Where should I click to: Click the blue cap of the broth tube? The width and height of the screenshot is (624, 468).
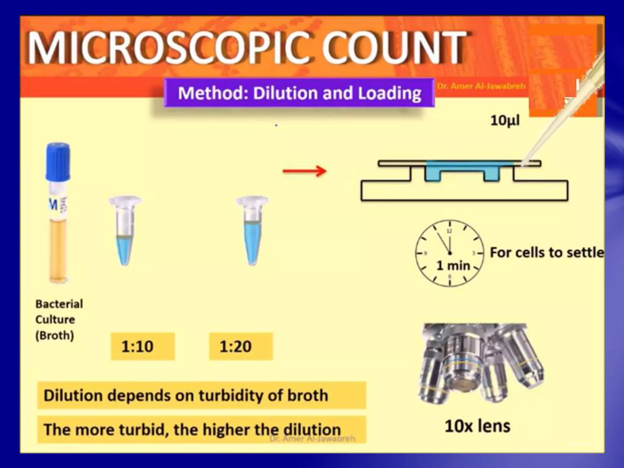[58, 161]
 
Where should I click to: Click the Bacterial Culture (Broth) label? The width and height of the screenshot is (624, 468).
[59, 319]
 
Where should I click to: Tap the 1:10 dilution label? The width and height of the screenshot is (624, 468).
[143, 346]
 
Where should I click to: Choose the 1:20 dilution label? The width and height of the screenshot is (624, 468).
[241, 346]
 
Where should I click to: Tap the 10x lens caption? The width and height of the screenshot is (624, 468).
[477, 426]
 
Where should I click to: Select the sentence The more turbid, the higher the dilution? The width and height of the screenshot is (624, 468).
[192, 430]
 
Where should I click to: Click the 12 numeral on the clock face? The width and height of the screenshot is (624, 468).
[449, 231]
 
